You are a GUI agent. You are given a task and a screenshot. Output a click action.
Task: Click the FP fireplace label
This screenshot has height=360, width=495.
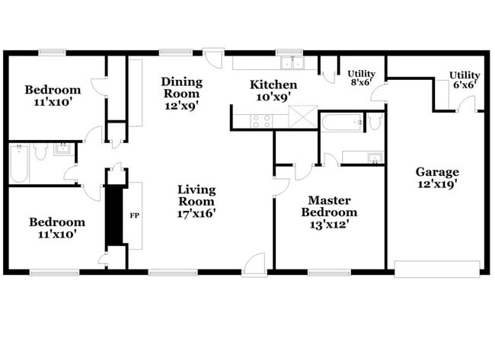pyautogui.click(x=134, y=215)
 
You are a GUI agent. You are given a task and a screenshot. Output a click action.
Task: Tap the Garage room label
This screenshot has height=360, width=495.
pyautogui.click(x=437, y=171)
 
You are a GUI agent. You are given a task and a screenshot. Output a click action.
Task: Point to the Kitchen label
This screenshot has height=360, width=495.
pyautogui.click(x=273, y=84)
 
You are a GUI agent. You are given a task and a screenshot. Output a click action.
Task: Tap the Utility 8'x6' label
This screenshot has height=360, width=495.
pyautogui.click(x=362, y=74)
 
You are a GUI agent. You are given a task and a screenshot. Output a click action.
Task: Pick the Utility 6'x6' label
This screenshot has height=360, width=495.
pyautogui.click(x=464, y=75)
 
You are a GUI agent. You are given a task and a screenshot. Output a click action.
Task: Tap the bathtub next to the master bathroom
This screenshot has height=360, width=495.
pyautogui.click(x=341, y=121)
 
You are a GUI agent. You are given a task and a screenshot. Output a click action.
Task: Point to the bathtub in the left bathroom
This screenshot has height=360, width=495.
pyautogui.click(x=18, y=164)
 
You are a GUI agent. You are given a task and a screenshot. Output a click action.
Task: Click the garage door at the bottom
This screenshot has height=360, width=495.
pyautogui.click(x=437, y=269)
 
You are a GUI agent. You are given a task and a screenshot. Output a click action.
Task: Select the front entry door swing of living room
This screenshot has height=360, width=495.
pyautogui.click(x=254, y=262)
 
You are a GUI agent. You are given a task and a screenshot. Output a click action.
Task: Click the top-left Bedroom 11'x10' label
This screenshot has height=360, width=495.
pyautogui.click(x=53, y=90)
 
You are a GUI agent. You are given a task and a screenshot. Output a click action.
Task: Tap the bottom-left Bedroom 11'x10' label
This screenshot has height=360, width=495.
pyautogui.click(x=57, y=222)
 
